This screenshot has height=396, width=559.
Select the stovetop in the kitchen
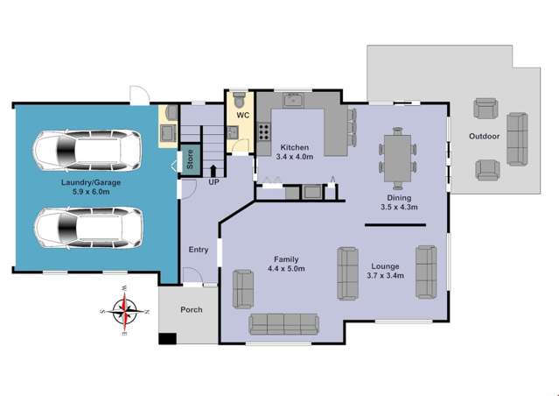tap(262, 131)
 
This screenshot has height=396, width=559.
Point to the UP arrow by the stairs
tap(213, 168)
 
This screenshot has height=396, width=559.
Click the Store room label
tap(189, 161)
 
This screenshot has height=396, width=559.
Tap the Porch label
tap(191, 310)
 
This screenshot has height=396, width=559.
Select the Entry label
tap(199, 250)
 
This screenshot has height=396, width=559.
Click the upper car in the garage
tap(87, 151)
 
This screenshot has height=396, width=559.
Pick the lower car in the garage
tap(87, 228)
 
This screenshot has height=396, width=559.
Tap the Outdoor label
tap(484, 137)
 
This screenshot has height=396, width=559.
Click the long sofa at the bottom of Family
tap(286, 323)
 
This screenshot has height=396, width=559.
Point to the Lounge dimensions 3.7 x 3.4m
tap(386, 276)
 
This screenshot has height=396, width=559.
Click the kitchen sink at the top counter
tap(292, 100)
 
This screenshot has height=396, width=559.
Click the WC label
tap(244, 114)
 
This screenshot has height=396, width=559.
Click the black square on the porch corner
tap(166, 339)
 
